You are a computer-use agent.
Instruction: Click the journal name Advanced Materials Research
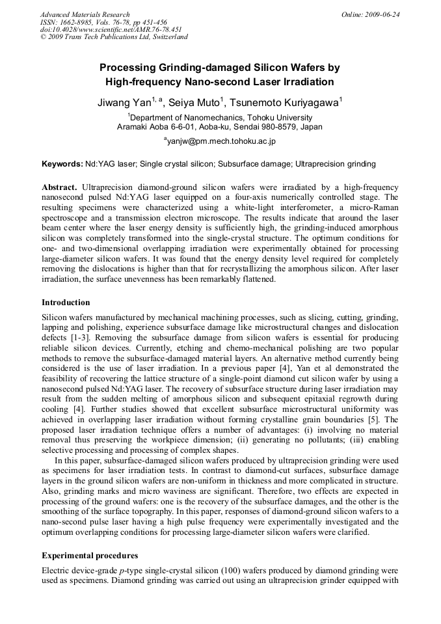click(x=85, y=14)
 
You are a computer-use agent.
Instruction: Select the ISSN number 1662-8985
click(x=73, y=22)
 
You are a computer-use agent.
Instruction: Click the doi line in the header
click(x=111, y=29)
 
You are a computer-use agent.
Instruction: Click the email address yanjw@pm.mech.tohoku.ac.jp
click(x=221, y=141)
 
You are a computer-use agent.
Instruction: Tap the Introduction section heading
click(x=66, y=303)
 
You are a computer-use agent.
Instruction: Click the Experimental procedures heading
click(x=89, y=556)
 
